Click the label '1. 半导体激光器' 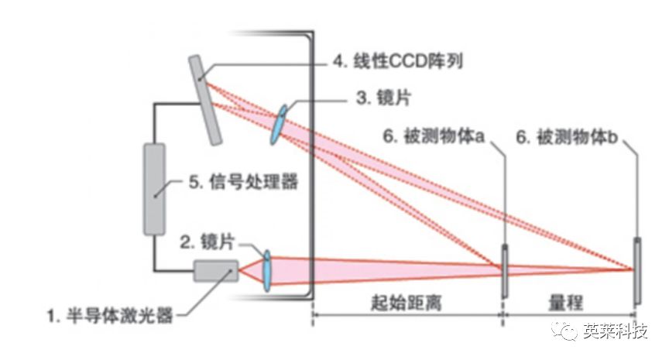108,316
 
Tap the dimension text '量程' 569,303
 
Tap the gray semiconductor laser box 216,271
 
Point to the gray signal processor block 155,188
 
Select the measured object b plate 636,270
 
